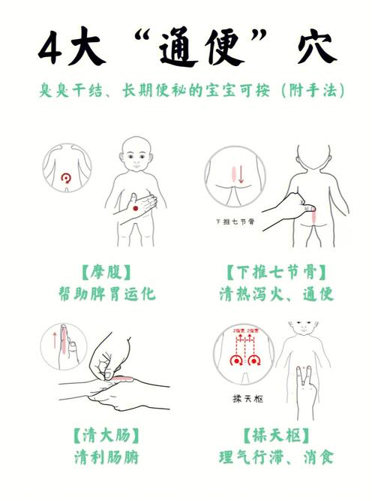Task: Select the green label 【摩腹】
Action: point(106,270)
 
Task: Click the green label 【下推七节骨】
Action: point(272,270)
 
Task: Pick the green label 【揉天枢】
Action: point(272,433)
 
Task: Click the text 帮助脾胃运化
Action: point(106,293)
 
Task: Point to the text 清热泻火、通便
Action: point(272,293)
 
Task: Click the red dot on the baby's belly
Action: point(136,207)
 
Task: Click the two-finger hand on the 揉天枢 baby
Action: point(305,391)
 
